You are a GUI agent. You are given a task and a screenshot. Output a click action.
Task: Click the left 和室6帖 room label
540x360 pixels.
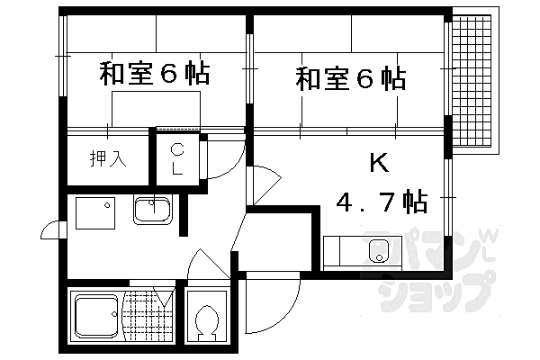coord(154,74)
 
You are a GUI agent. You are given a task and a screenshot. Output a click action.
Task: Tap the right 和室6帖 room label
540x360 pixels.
coord(350,78)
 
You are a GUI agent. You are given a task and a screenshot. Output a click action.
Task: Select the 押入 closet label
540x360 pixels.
coord(106,160)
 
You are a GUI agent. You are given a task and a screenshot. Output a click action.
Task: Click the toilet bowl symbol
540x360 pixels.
coord(206,322)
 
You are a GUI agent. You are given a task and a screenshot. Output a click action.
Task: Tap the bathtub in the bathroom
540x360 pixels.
coord(95,319)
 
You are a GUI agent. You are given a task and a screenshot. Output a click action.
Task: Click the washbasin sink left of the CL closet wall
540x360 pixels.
coord(155,211)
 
